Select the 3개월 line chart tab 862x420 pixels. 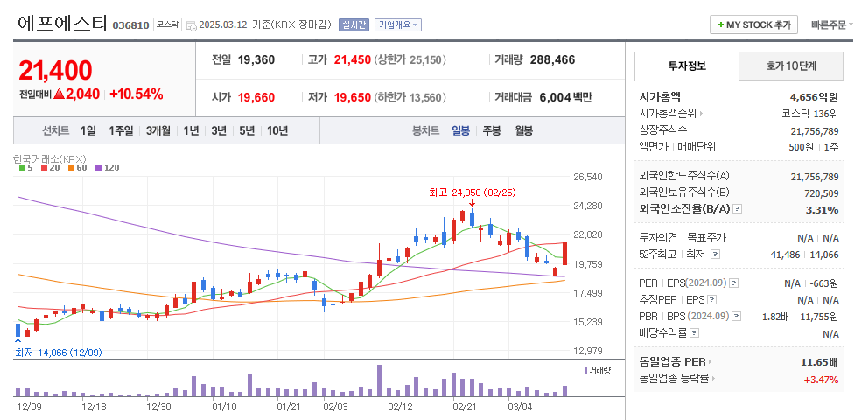(x=158, y=130)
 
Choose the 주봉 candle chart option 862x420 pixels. (x=492, y=130)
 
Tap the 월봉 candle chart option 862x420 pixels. (x=523, y=130)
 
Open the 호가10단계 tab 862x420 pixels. (x=791, y=66)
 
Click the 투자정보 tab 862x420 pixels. (x=687, y=66)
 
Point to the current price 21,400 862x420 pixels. (x=55, y=70)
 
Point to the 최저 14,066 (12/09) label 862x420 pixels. (x=59, y=353)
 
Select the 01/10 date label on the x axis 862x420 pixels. (x=224, y=407)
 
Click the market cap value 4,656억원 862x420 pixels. (x=813, y=97)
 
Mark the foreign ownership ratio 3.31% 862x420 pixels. (x=821, y=209)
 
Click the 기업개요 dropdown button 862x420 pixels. (x=398, y=25)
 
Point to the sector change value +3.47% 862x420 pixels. (x=821, y=379)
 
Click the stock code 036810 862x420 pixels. (x=130, y=25)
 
